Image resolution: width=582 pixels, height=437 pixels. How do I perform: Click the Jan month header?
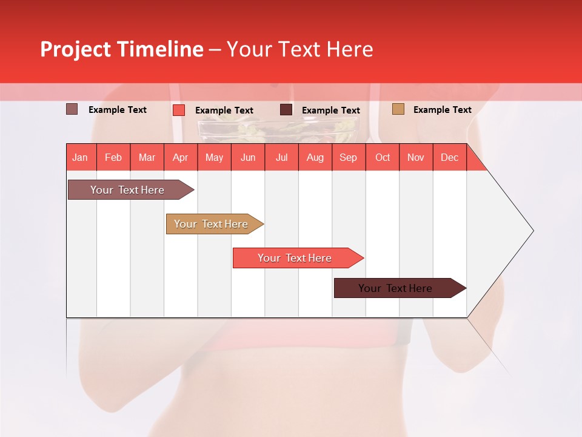(x=81, y=157)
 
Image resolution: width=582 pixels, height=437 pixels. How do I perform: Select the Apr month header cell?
(x=181, y=157)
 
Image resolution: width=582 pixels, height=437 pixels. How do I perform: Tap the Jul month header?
(x=281, y=157)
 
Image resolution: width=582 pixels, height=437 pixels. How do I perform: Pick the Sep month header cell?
(x=349, y=157)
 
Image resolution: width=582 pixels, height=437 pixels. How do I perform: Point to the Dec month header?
(x=449, y=157)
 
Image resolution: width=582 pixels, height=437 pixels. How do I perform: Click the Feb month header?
(x=113, y=157)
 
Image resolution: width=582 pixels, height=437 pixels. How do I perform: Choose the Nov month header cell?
(x=416, y=157)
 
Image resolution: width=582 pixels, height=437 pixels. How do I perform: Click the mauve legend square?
(x=72, y=109)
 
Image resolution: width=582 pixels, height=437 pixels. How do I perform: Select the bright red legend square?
(x=179, y=110)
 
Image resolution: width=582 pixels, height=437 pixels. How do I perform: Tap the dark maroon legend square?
(x=286, y=110)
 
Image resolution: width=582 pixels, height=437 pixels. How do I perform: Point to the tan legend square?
(x=398, y=109)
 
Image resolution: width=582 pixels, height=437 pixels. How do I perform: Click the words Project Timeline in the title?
(x=121, y=49)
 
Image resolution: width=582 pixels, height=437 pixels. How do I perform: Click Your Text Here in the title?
(x=300, y=49)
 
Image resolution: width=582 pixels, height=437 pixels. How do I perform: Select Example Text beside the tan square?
(x=442, y=110)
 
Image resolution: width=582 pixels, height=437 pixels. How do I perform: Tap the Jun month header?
(x=248, y=157)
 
